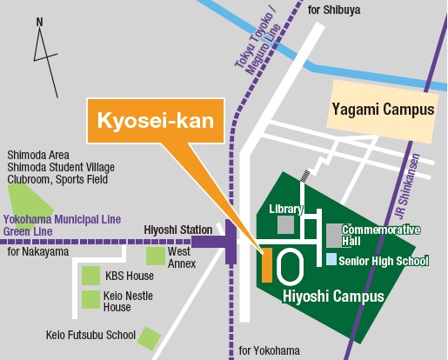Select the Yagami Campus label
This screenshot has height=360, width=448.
(382, 110)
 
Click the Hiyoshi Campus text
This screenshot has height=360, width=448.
(333, 297)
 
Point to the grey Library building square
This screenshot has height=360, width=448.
(285, 225)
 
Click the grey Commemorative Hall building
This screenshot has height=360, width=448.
(334, 235)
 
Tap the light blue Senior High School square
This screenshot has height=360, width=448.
(331, 259)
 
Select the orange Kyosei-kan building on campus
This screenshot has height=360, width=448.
(267, 264)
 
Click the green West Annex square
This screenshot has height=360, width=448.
(155, 256)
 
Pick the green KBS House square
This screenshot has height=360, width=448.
(90, 276)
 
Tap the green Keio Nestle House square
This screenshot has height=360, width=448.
(90, 300)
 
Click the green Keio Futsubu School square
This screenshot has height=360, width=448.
(150, 337)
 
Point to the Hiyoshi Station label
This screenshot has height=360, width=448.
(177, 230)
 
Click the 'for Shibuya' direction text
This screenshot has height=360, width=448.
(334, 10)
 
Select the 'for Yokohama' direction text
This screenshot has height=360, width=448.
(269, 350)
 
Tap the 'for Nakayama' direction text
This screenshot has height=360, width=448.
(37, 252)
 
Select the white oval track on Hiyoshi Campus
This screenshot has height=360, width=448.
(291, 265)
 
